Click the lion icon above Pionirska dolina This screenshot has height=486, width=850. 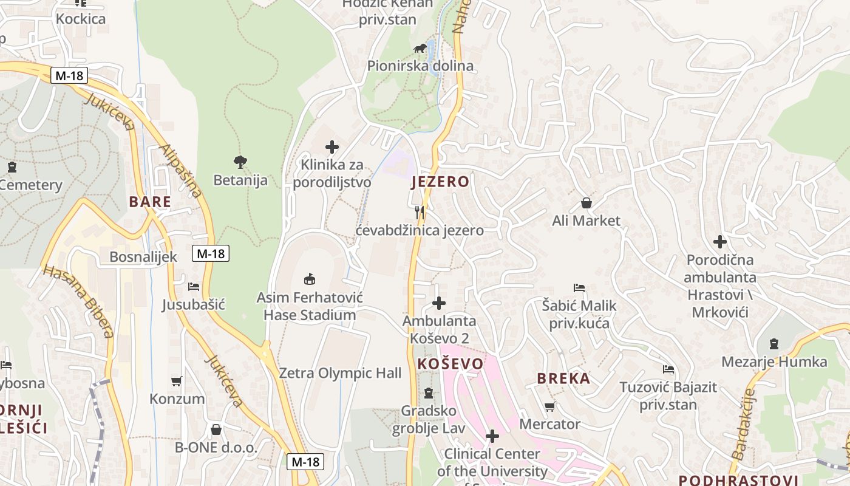click(420, 47)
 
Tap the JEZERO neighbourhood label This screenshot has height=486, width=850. click(440, 182)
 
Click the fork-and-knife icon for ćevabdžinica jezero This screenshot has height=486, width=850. click(420, 212)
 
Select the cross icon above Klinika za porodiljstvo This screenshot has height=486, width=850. click(331, 146)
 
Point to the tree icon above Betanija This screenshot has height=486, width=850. click(240, 162)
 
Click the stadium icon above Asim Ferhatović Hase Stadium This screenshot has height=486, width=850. click(310, 279)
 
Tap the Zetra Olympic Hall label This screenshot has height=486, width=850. click(340, 373)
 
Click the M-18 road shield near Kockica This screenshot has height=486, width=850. click(69, 76)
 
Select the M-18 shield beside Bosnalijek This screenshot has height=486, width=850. click(211, 254)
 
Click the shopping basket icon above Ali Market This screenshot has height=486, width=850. click(586, 202)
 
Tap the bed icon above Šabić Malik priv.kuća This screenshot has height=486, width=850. click(579, 287)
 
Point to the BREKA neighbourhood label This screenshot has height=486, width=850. click(563, 378)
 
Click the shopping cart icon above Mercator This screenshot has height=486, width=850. click(549, 406)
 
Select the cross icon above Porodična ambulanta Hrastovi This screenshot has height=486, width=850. click(719, 242)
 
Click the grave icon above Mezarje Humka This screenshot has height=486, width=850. click(773, 344)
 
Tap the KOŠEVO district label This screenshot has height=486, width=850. click(450, 364)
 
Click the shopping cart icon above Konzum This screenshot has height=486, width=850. click(177, 382)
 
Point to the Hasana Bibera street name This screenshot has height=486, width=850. click(79, 301)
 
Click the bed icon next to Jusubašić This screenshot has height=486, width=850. click(194, 286)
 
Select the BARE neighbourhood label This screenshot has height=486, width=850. click(149, 202)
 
